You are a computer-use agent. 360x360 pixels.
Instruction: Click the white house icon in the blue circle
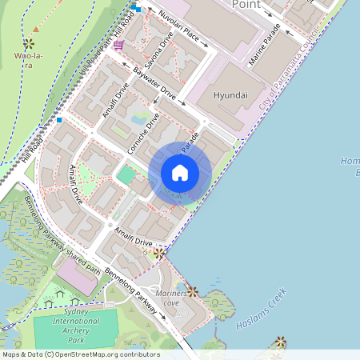click(x=180, y=173)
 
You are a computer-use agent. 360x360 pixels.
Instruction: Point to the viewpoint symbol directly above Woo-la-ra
click(x=29, y=43)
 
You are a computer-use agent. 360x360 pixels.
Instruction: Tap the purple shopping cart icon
click(x=118, y=45)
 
